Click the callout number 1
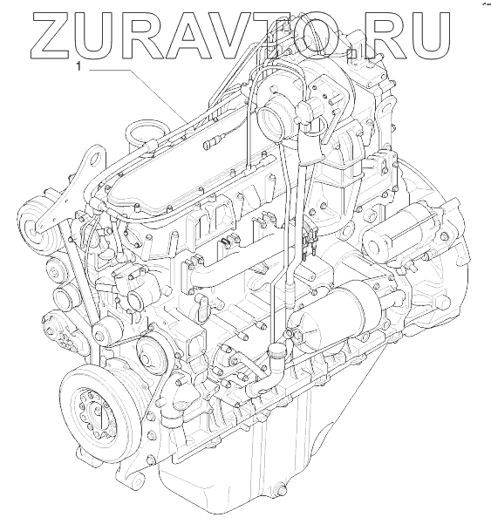pyautogui.click(x=78, y=67)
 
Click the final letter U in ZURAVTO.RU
pyautogui.click(x=428, y=37)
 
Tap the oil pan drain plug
pyautogui.click(x=280, y=490)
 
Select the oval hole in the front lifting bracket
pyautogui.click(x=97, y=160)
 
